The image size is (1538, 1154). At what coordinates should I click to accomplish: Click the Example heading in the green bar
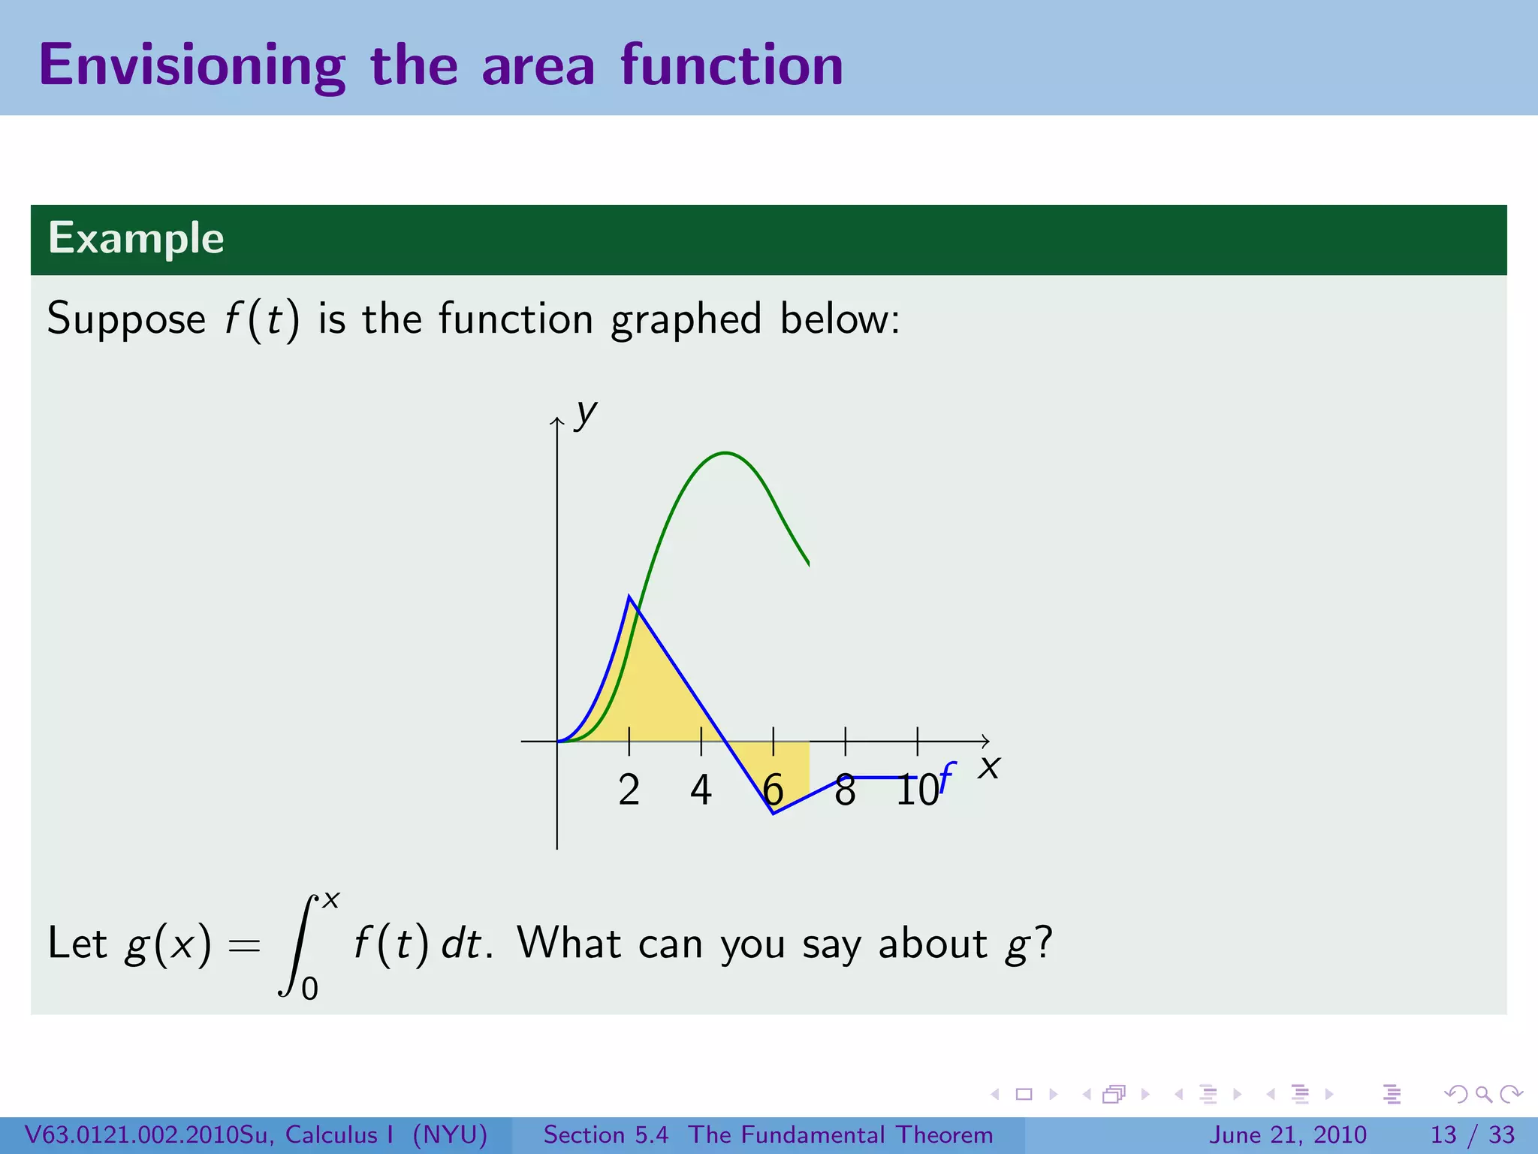pyautogui.click(x=136, y=239)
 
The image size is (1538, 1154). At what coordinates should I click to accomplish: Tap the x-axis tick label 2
pyautogui.click(x=629, y=790)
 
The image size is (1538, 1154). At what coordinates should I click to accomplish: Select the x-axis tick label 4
pyautogui.click(x=701, y=790)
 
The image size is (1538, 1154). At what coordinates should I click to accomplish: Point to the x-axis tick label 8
pyautogui.click(x=845, y=791)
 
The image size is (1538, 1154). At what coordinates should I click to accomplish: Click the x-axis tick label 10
pyautogui.click(x=917, y=791)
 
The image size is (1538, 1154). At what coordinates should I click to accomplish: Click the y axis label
pyautogui.click(x=585, y=414)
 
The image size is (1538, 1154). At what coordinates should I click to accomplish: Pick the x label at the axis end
pyautogui.click(x=989, y=768)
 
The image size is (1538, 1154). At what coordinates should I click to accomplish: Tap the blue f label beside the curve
pyautogui.click(x=946, y=778)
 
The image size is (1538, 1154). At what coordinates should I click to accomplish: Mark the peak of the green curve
pyautogui.click(x=725, y=453)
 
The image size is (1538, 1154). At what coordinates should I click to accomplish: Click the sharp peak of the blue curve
pyautogui.click(x=629, y=597)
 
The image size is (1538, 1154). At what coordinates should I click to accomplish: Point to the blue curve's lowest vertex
pyautogui.click(x=773, y=813)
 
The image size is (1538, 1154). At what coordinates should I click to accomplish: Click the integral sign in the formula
pyautogui.click(x=298, y=945)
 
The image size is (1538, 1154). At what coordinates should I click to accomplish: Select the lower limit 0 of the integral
pyautogui.click(x=309, y=989)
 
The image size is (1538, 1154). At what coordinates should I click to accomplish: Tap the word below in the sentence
pyautogui.click(x=838, y=319)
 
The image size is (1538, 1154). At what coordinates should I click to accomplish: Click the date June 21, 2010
pyautogui.click(x=1287, y=1134)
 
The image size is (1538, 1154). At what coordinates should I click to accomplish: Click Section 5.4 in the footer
pyautogui.click(x=605, y=1134)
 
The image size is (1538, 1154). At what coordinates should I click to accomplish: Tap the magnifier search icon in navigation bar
pyautogui.click(x=1483, y=1094)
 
